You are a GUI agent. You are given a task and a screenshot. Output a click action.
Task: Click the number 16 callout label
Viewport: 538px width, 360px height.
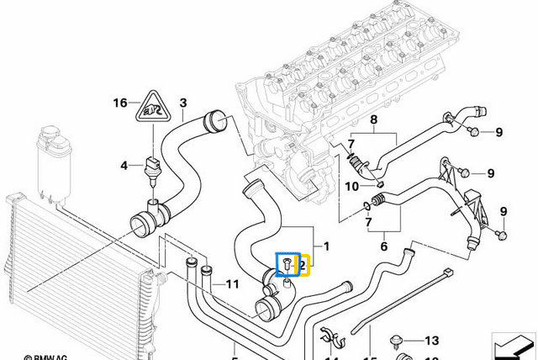point(120,103)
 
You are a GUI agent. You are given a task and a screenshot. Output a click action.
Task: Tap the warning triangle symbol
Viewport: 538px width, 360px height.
point(153,106)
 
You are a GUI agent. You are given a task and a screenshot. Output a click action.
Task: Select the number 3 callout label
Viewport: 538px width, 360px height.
point(182,103)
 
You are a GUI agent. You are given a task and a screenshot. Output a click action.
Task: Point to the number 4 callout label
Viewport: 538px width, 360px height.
point(124,166)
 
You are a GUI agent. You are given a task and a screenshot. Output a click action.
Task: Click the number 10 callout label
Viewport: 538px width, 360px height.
point(352,185)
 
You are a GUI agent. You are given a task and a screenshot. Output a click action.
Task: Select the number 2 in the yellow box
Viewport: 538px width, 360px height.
point(303,266)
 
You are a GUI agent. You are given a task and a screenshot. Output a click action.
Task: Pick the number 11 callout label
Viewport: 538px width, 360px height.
point(232,284)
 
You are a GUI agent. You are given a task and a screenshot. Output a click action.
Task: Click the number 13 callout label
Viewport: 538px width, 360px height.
point(431,341)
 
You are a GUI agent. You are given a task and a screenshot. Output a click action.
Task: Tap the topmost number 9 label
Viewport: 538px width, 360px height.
point(498,132)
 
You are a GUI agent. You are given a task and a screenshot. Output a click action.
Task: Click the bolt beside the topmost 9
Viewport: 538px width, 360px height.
point(472,131)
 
